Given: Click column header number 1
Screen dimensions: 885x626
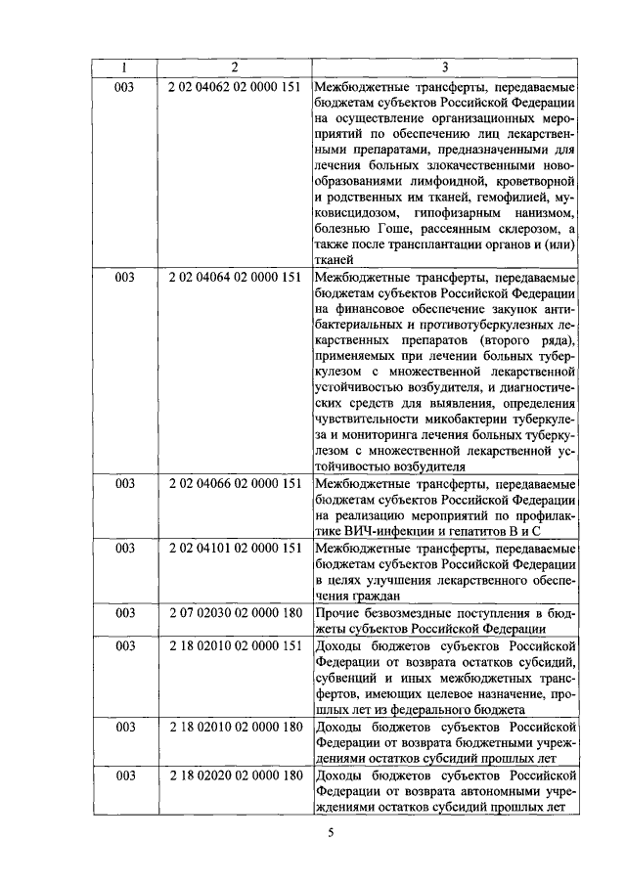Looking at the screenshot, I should click(125, 67).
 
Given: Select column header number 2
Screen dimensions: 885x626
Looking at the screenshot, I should click(234, 67).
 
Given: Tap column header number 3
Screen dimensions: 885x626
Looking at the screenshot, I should click(445, 67).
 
